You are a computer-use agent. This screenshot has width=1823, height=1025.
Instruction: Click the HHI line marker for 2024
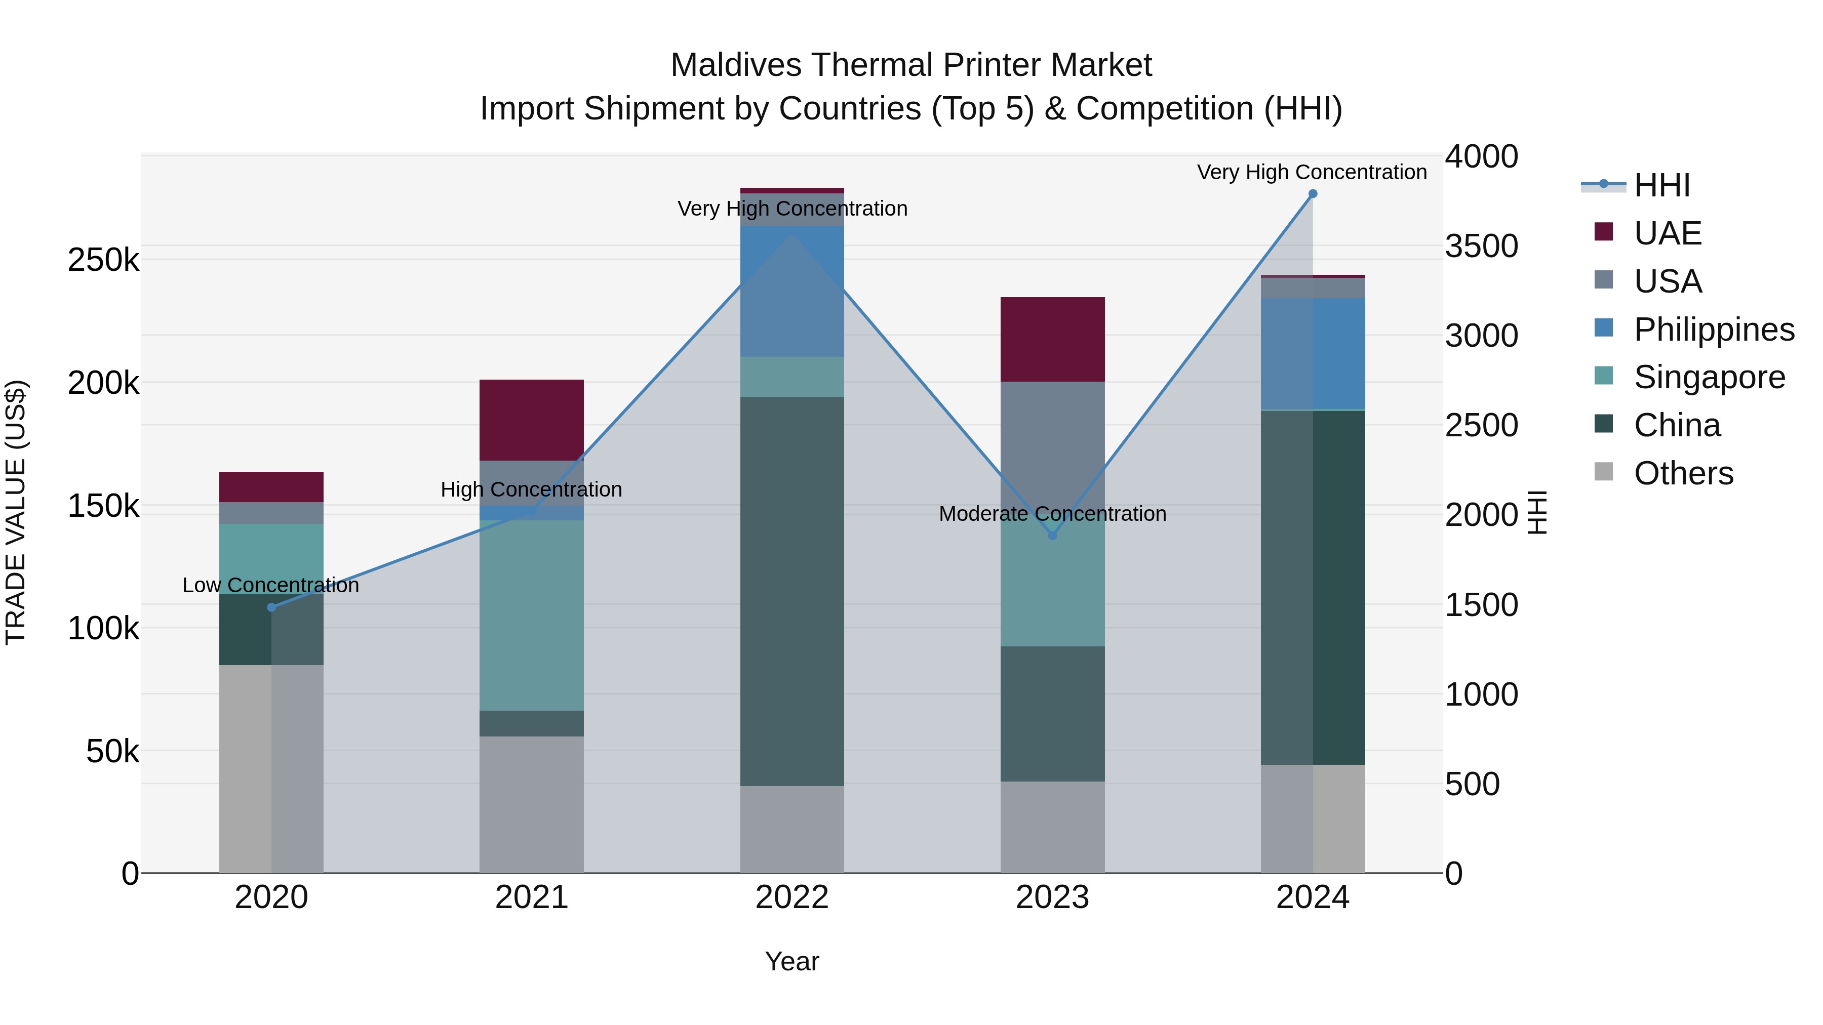point(1313,194)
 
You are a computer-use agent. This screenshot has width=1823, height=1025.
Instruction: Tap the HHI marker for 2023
point(1052,536)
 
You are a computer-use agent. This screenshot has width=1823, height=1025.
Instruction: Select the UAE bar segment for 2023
point(1052,340)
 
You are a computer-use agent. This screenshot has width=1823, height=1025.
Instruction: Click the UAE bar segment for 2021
point(532,420)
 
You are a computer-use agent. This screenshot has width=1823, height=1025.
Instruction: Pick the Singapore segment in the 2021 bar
point(532,616)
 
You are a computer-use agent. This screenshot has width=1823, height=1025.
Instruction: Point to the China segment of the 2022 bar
point(792,591)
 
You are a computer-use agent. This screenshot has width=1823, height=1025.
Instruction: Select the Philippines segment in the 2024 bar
point(1313,354)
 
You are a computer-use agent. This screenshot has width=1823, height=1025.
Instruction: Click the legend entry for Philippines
point(1713,330)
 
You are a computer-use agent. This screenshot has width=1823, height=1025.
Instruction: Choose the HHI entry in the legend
point(1661,185)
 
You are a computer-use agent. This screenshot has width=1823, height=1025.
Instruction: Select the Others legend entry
point(1683,473)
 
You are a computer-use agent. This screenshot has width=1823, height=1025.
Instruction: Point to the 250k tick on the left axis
point(103,260)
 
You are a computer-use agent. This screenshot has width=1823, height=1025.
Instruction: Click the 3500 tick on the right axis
point(1481,246)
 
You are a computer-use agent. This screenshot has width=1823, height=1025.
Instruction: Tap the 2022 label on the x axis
point(792,897)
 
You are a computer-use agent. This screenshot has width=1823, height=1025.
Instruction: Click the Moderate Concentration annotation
point(1052,514)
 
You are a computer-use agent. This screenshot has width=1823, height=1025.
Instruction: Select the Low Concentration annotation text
point(271,585)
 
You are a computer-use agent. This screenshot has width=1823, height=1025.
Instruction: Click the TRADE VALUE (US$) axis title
point(16,512)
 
